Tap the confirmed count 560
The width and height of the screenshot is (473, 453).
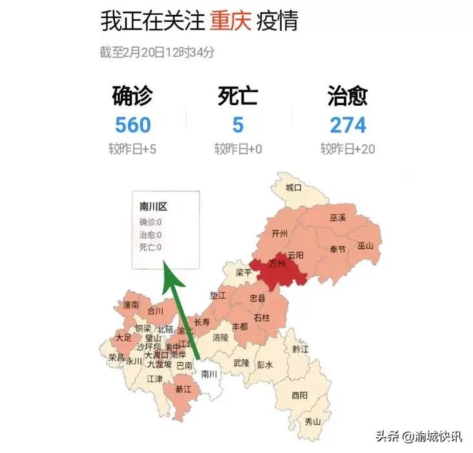(132, 125)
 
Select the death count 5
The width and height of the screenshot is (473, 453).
(238, 125)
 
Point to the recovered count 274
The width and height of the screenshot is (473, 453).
(348, 125)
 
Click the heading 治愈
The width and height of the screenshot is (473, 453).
(348, 96)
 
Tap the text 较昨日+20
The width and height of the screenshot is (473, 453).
(348, 150)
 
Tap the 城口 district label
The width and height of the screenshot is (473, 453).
(293, 188)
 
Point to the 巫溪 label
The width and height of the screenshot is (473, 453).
(338, 219)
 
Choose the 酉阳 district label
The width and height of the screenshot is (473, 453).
(299, 395)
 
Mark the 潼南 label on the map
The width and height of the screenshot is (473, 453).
(131, 304)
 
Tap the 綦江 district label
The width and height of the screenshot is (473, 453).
(183, 390)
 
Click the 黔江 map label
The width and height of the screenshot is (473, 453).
(300, 349)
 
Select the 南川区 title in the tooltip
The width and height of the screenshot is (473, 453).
(153, 207)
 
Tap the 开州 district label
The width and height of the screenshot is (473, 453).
(280, 233)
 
